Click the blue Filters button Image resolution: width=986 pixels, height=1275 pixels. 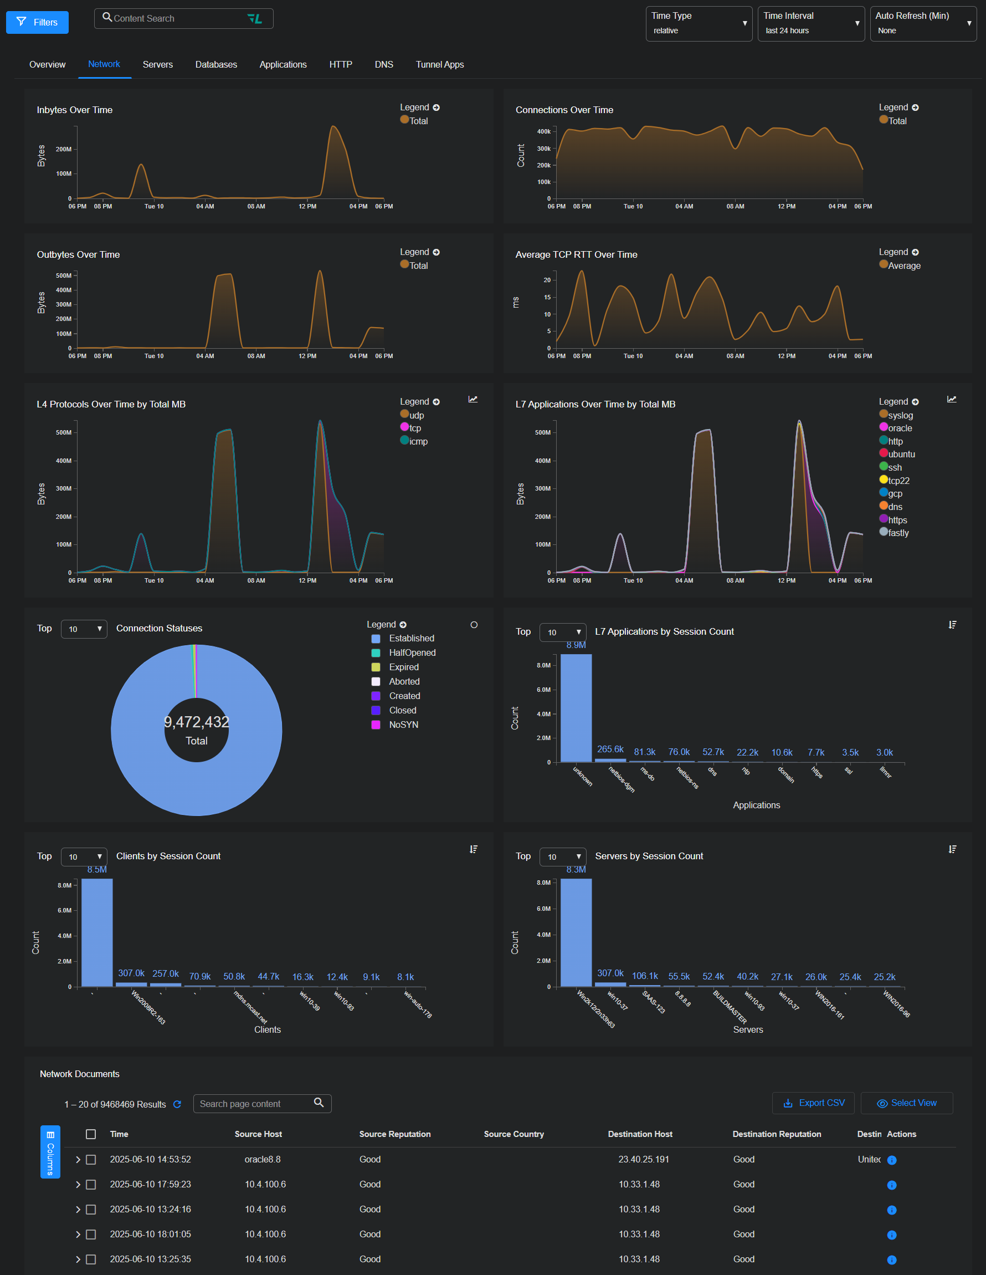click(37, 22)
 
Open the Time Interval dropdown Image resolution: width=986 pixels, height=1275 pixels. click(810, 23)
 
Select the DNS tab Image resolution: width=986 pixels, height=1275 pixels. click(383, 64)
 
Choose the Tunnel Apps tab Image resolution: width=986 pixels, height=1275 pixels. click(439, 64)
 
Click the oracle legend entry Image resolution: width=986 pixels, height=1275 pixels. click(900, 428)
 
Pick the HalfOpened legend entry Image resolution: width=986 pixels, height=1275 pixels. click(412, 652)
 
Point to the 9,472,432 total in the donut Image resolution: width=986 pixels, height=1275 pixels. click(196, 722)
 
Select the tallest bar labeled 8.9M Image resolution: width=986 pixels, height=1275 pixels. click(576, 707)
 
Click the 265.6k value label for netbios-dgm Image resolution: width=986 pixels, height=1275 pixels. click(610, 749)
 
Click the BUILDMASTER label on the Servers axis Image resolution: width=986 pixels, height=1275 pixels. click(730, 1007)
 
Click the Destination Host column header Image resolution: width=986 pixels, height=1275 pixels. click(640, 1134)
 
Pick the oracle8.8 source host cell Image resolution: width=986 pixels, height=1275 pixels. click(263, 1159)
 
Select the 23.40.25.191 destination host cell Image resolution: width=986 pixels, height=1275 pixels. click(644, 1159)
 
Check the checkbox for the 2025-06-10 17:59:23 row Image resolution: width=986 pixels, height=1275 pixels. click(91, 1185)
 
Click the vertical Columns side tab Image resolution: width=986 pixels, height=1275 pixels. click(50, 1152)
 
